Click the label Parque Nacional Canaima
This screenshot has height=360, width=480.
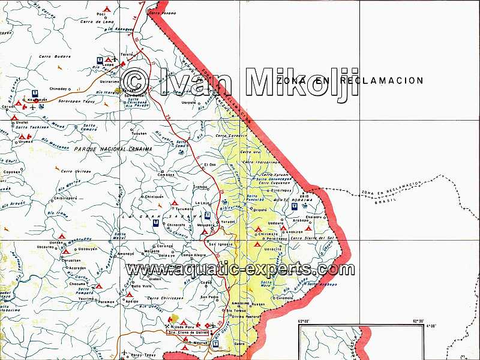tap(113, 148)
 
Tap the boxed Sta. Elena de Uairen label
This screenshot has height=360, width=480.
tap(187, 331)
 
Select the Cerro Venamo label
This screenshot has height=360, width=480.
tap(162, 13)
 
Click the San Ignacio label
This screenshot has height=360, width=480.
tap(220, 245)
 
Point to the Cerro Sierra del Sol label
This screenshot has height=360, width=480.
tap(311, 238)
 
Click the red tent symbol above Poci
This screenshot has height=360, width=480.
tap(106, 8)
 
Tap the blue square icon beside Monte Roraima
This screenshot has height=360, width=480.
tap(294, 206)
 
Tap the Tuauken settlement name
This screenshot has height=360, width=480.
tap(139, 133)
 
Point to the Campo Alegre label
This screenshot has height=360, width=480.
tap(194, 255)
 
